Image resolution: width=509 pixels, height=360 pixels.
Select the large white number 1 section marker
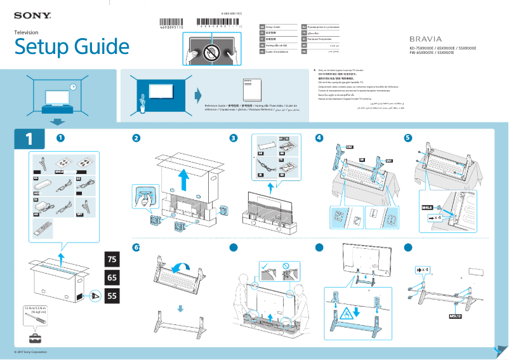click(29, 138)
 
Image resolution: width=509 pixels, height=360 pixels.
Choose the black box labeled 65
click(112, 277)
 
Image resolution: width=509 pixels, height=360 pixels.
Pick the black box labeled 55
click(112, 296)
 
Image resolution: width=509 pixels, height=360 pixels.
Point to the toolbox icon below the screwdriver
click(32, 337)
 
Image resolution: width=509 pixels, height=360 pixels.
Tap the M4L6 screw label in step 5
click(427, 207)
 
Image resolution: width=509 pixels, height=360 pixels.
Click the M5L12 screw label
click(454, 315)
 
